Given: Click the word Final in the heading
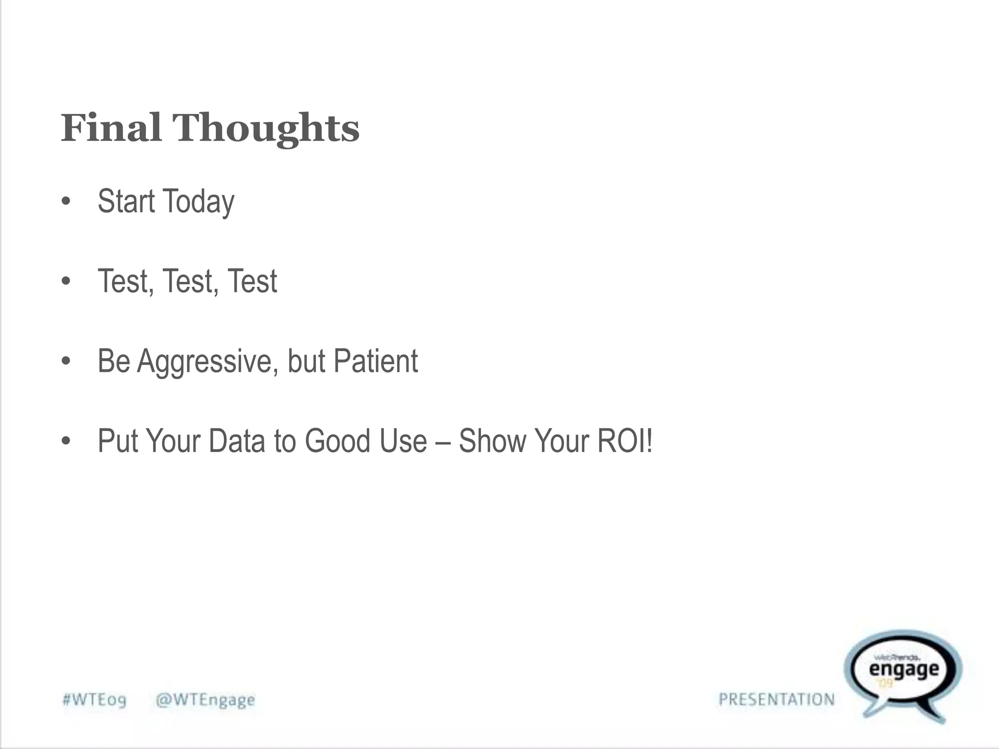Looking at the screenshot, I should coord(111,128).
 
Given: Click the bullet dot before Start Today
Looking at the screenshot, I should coord(66,202).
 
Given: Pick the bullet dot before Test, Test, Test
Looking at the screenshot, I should coord(66,282).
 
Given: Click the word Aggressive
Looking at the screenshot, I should coord(208,362).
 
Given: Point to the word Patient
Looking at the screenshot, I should coord(376,361).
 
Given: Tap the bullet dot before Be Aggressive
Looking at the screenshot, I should coord(66,362).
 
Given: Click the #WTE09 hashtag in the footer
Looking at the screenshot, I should coord(95,700).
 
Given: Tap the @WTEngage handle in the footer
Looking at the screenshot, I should coord(205,700).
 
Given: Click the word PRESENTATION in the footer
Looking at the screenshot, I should coord(777,699).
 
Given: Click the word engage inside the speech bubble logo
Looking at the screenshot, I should coord(904,670).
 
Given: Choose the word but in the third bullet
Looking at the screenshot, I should coord(306,361).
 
